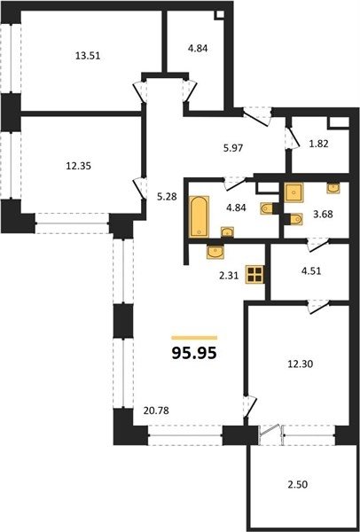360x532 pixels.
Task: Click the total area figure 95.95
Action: [194, 353]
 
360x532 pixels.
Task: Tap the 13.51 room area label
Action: [88, 56]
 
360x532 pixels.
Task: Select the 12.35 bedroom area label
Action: [78, 167]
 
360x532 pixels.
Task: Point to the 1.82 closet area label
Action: [319, 144]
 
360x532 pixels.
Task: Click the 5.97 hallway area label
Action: [234, 147]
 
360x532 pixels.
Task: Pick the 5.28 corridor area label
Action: [167, 197]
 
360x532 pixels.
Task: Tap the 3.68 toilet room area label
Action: [323, 215]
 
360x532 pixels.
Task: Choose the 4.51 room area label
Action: [311, 271]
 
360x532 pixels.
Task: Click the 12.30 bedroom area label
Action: [301, 364]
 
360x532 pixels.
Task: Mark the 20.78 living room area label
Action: [156, 411]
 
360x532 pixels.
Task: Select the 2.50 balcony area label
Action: [298, 484]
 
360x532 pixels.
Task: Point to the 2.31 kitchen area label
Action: [229, 276]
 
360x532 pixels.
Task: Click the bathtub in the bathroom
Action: [199, 216]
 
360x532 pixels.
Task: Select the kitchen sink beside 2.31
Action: [215, 252]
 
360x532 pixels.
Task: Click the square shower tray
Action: [293, 192]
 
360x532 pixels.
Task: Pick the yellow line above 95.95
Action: [194, 338]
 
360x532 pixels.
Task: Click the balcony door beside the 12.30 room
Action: [270, 434]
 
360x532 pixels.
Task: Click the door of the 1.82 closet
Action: [292, 138]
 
